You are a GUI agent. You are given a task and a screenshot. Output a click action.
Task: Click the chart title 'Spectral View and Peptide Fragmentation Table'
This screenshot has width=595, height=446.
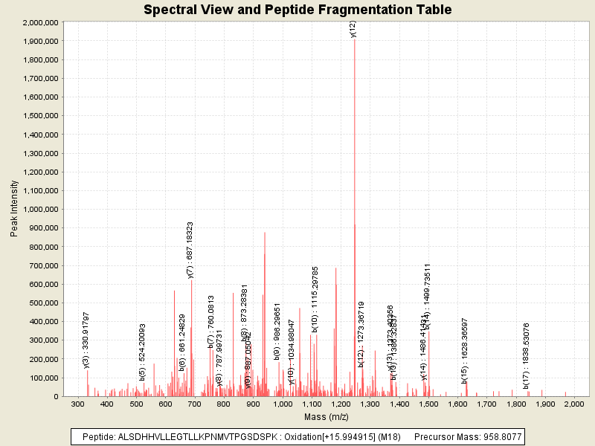click(297, 10)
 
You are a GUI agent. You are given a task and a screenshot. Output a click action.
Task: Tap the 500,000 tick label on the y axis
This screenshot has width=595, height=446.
click(44, 303)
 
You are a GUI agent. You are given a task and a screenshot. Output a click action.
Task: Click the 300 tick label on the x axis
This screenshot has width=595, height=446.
click(78, 404)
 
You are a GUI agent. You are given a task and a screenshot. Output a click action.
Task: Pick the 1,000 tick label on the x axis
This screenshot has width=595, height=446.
click(282, 404)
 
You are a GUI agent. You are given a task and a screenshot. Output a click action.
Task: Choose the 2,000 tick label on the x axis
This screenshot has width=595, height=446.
click(573, 404)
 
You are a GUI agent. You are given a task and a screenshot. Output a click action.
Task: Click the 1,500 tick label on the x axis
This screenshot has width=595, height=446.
click(428, 404)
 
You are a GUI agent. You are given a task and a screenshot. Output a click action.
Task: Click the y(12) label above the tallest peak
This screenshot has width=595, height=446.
click(353, 28)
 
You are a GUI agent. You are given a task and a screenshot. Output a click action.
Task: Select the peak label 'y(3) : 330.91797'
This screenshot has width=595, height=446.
click(86, 340)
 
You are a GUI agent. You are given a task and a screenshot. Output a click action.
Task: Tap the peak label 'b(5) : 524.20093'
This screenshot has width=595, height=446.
click(142, 352)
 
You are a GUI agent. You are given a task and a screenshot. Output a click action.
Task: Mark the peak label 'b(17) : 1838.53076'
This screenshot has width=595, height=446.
click(526, 355)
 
